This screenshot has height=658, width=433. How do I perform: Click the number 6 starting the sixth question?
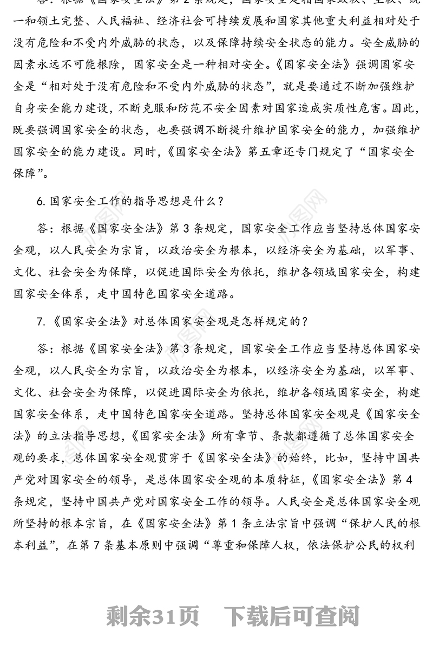(40, 202)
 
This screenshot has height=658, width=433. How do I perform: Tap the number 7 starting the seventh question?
(40, 321)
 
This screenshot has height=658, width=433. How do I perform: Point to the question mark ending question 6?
(219, 202)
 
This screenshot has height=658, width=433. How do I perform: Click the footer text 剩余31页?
(153, 616)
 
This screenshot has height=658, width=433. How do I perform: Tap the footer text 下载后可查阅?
(292, 616)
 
